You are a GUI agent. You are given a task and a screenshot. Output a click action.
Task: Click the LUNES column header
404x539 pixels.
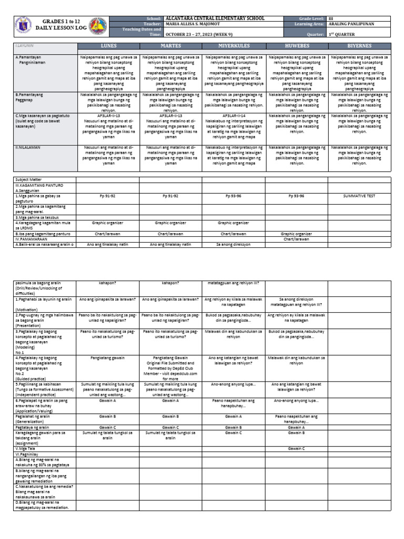point(108,46)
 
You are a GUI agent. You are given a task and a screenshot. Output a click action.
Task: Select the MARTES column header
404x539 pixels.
point(171,46)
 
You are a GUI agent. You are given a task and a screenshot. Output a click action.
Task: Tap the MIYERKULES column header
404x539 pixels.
point(235,46)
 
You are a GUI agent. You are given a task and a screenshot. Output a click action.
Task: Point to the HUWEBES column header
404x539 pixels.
point(298,46)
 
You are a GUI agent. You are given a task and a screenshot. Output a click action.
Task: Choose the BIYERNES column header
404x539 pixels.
point(360,46)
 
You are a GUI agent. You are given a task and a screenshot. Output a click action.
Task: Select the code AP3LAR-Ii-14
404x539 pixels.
point(235,114)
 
